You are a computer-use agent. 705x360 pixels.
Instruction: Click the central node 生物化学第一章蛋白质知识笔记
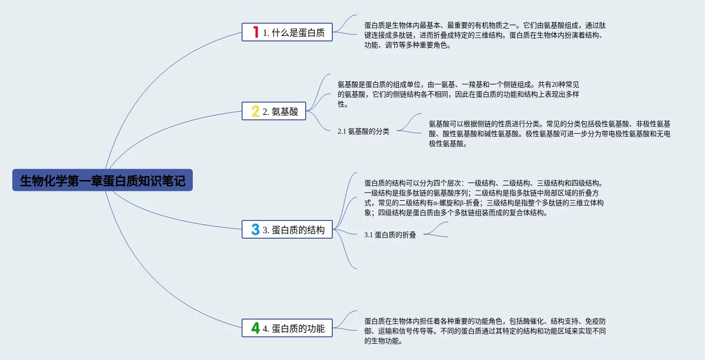[x=103, y=180]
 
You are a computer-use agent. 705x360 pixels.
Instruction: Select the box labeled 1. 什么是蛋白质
[x=287, y=33]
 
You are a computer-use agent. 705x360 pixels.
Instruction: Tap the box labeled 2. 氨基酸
[x=274, y=111]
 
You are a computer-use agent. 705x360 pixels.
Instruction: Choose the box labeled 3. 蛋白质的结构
[x=287, y=229]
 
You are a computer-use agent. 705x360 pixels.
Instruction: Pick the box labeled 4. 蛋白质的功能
[x=287, y=328]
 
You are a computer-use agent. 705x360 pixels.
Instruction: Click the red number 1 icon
[x=255, y=33]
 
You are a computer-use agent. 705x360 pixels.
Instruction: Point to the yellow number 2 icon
[x=255, y=111]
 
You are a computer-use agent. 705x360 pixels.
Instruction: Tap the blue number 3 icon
[x=255, y=229]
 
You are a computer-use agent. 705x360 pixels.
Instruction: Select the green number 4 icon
[x=255, y=328]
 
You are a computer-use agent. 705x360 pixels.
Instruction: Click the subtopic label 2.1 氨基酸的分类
[x=363, y=131]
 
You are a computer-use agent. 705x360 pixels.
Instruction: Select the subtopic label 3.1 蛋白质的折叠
[x=390, y=235]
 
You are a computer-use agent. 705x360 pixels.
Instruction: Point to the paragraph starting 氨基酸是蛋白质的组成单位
[x=458, y=94]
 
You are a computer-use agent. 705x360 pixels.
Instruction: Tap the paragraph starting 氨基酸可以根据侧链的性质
[x=549, y=134]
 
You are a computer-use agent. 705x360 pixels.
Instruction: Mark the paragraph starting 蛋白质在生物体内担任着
[x=485, y=331]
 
